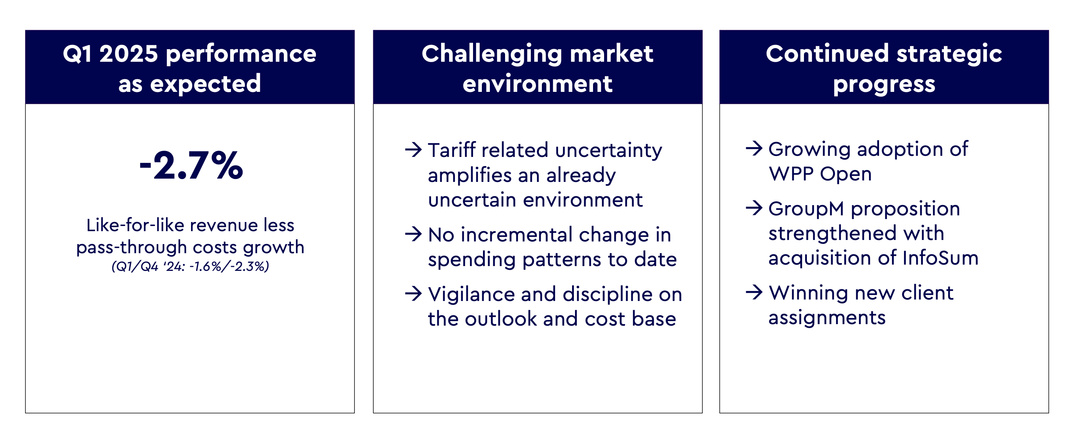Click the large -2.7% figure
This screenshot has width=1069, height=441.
pos(191,166)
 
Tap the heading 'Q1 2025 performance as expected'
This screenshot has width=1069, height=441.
pos(190,68)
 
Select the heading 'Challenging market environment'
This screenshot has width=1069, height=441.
pos(537,68)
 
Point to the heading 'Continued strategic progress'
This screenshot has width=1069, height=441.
pos(884,68)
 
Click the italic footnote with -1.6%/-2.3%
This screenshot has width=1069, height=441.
pos(190,266)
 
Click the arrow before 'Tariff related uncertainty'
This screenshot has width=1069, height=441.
pos(413,149)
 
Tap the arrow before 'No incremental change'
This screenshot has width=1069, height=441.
pos(413,234)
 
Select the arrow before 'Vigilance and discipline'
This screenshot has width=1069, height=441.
pos(413,293)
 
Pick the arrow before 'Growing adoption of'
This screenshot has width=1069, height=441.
pos(754,148)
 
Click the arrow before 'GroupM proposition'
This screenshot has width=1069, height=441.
pos(754,208)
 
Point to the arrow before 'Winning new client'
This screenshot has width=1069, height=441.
pos(754,292)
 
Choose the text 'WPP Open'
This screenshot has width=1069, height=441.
pos(820,174)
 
